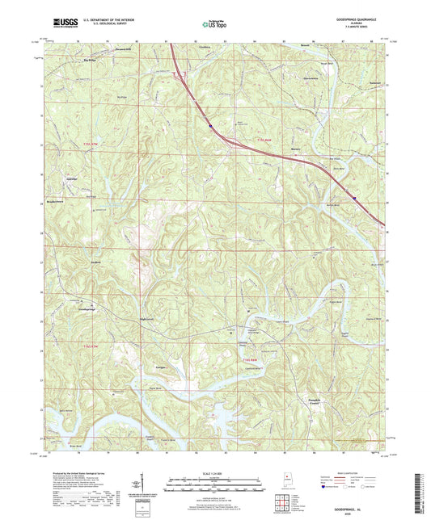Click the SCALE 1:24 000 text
tap(214, 463)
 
